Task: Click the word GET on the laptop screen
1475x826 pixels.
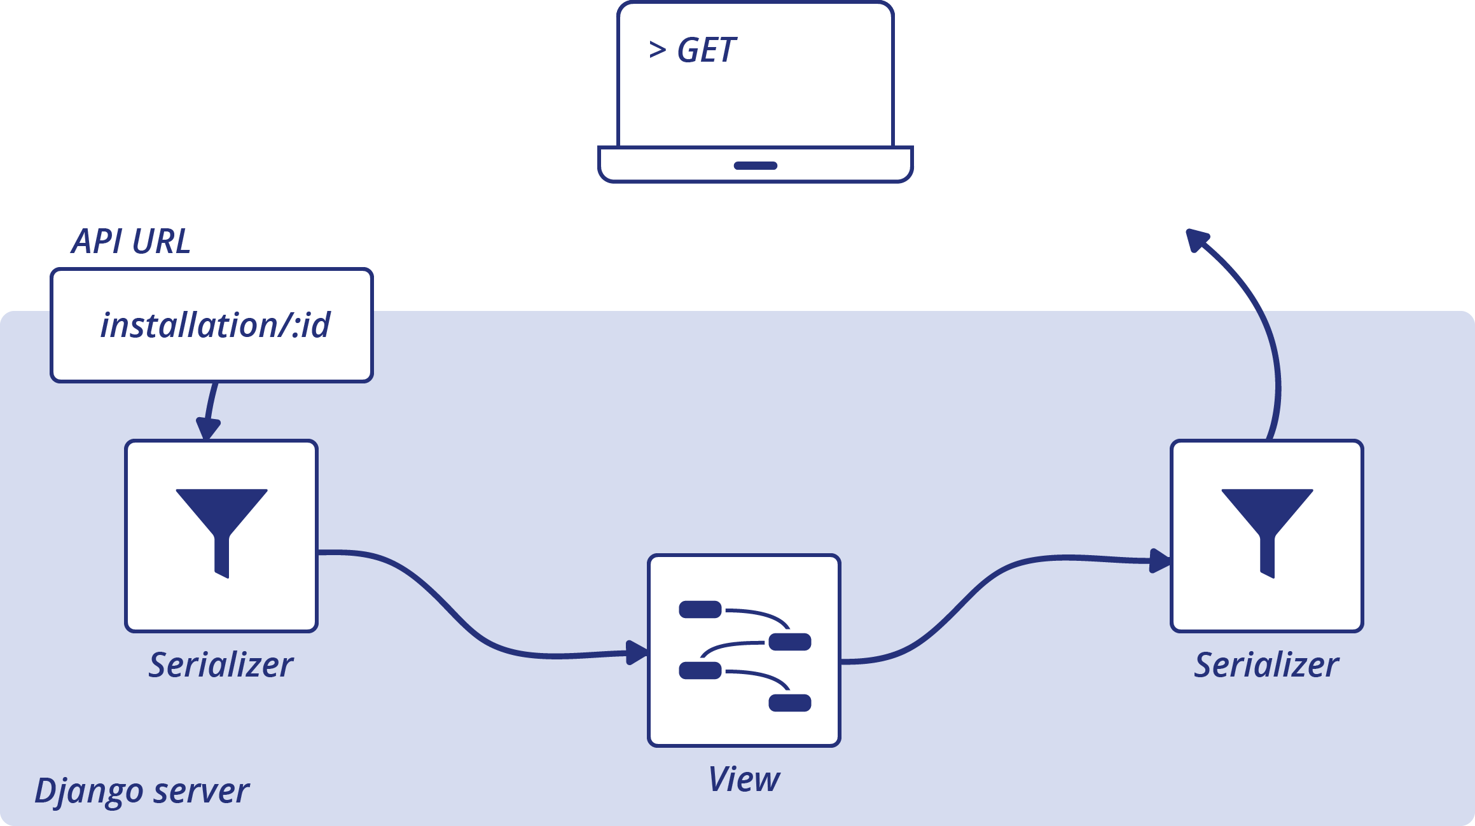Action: coord(706,50)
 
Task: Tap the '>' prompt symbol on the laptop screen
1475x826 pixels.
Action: coord(657,50)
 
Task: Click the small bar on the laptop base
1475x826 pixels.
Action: coord(755,166)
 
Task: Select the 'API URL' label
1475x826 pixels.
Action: coord(130,242)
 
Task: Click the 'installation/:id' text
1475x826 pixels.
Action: coord(215,325)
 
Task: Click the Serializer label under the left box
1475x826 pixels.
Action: coord(221,665)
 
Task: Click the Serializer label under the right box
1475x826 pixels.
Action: coord(1266,665)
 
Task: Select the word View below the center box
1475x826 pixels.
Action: coord(744,780)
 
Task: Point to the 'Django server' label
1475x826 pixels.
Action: coord(141,791)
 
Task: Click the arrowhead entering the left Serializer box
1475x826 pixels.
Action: coord(208,429)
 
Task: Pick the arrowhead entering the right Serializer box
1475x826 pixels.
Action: coord(1160,561)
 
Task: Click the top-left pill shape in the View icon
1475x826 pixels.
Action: coord(700,609)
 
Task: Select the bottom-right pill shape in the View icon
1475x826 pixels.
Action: coord(790,703)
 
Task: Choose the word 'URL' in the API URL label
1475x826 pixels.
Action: coord(162,242)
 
